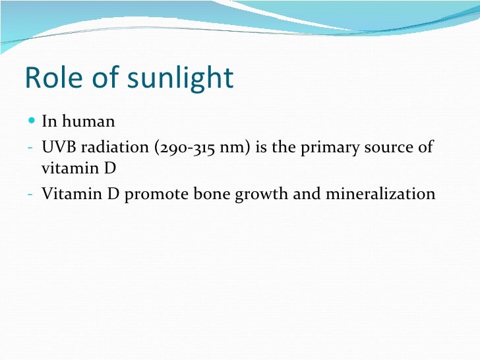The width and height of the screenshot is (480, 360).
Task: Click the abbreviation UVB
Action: (x=57, y=146)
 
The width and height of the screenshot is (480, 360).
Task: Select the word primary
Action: (x=325, y=147)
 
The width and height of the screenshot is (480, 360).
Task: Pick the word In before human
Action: (x=48, y=122)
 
